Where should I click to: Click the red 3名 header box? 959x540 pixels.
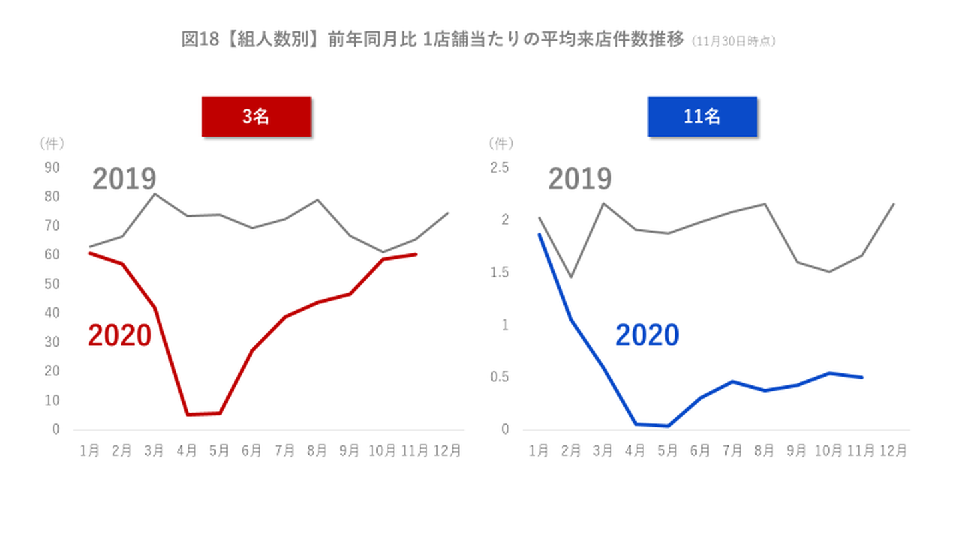256,117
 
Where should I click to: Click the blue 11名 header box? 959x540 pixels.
702,117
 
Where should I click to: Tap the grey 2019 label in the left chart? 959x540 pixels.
124,179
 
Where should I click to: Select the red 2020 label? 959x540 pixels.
120,336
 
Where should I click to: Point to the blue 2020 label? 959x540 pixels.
647,335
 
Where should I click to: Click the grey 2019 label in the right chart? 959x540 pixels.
580,179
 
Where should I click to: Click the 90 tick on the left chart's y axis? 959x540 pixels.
52,167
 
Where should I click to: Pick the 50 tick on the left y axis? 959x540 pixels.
52,284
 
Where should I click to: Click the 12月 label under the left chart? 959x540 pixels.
446,451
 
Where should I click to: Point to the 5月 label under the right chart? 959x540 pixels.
668,451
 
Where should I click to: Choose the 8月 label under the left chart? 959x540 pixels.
316,451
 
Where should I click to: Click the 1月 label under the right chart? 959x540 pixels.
539,451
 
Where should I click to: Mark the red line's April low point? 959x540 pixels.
187,415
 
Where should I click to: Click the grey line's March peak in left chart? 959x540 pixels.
155,194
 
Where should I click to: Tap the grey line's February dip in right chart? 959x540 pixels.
571,277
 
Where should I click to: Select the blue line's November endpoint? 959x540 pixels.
862,377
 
